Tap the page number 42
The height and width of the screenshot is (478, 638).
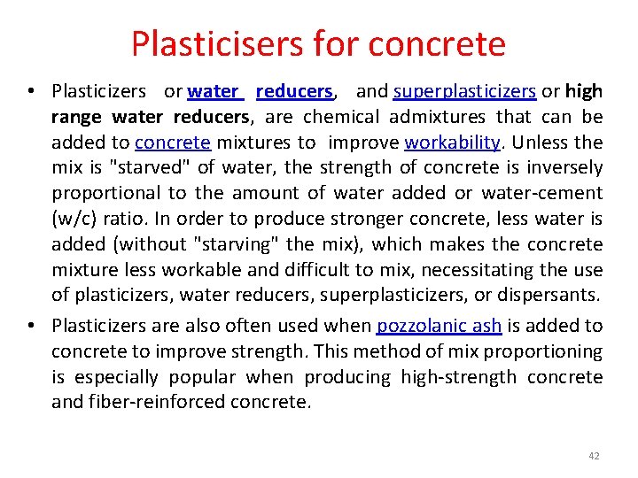pyautogui.click(x=594, y=456)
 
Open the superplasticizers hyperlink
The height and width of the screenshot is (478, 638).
pyautogui.click(x=464, y=91)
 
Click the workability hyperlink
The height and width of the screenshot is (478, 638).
pyautogui.click(x=453, y=143)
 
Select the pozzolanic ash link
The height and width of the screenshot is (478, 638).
pyautogui.click(x=440, y=326)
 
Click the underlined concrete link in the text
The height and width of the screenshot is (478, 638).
pyautogui.click(x=173, y=143)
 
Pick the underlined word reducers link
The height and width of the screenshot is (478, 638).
pyautogui.click(x=294, y=91)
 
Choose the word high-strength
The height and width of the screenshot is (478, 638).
pyautogui.click(x=458, y=377)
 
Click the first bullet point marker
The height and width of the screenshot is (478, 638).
pyautogui.click(x=32, y=91)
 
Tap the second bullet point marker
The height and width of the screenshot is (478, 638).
pyautogui.click(x=32, y=326)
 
